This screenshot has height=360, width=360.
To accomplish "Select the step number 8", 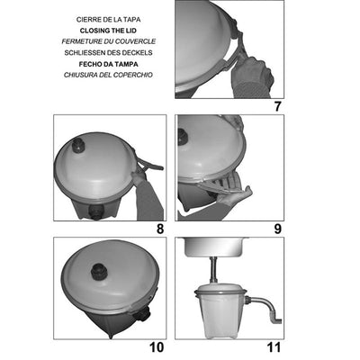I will [160, 229].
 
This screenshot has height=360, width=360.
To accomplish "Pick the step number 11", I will [274, 346].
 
